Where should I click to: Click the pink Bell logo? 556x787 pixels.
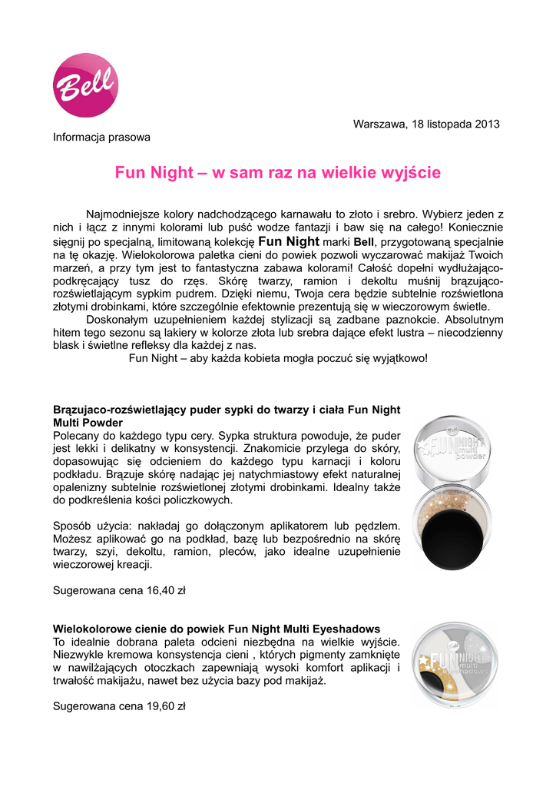[85, 85]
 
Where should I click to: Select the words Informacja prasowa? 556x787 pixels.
[101, 137]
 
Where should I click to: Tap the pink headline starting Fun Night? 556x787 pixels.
[278, 173]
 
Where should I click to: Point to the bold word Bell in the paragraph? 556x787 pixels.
[363, 241]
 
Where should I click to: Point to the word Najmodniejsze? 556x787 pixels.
[123, 213]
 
